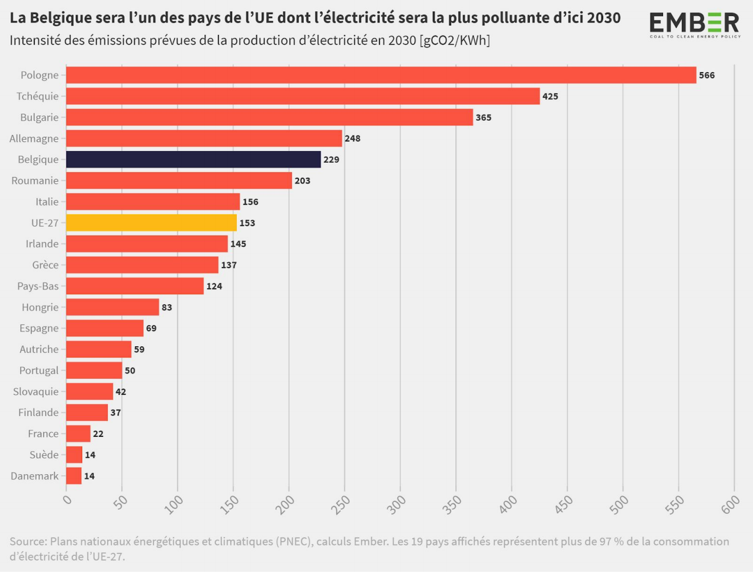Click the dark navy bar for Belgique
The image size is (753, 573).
(x=194, y=159)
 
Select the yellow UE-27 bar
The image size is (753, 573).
(x=152, y=223)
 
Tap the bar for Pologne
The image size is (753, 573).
(x=381, y=75)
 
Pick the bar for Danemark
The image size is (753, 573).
(x=74, y=476)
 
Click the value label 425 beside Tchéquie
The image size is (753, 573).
(x=550, y=96)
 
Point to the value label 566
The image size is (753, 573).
(x=706, y=75)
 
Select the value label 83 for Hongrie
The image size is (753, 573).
(x=167, y=307)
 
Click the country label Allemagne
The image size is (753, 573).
(x=34, y=139)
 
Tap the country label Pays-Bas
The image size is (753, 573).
(x=38, y=286)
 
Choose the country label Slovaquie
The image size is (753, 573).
(x=36, y=392)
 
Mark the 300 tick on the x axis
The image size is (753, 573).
(x=397, y=504)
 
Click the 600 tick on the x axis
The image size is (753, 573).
(x=731, y=504)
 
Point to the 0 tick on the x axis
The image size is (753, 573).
(x=67, y=500)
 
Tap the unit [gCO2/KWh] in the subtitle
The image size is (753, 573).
(x=455, y=41)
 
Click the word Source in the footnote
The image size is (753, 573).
(x=28, y=542)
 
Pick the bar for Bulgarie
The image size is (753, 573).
(x=269, y=117)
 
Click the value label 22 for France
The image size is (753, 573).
(x=98, y=434)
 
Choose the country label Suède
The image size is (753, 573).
(x=44, y=455)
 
